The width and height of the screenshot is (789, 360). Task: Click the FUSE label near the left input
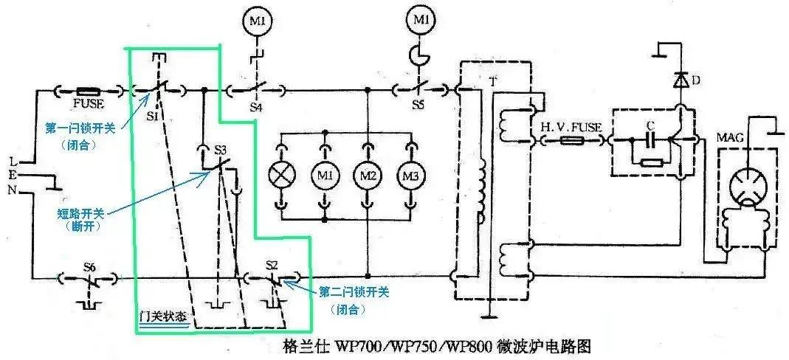tap(88, 104)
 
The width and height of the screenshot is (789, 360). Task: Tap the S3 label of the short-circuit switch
tap(220, 149)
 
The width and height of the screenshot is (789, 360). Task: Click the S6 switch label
tap(89, 266)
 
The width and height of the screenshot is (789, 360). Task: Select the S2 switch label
tap(271, 265)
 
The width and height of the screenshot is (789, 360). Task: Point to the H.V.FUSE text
tap(572, 127)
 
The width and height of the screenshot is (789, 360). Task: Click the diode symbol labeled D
tap(678, 80)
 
